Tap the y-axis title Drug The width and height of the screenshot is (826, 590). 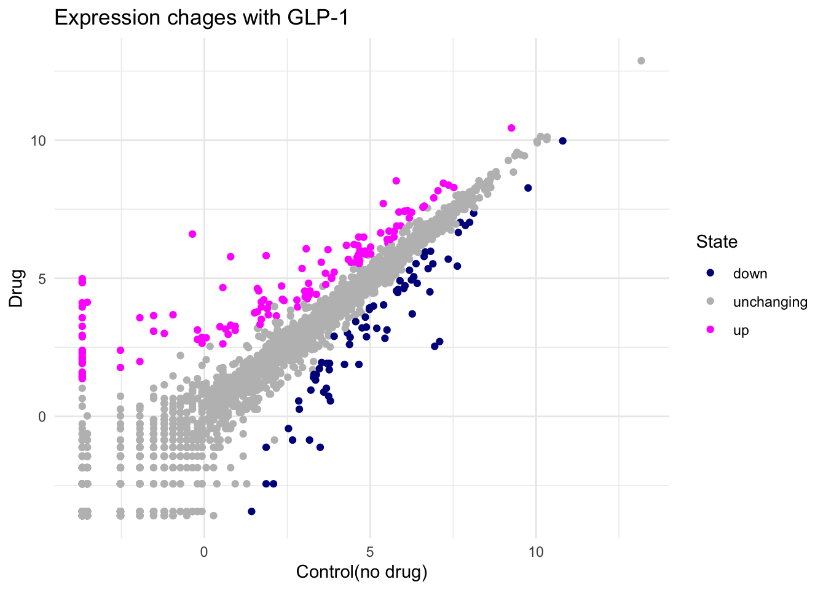pos(17,288)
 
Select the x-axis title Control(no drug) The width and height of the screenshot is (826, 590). pos(361,572)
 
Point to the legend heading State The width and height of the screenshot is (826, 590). pos(717,242)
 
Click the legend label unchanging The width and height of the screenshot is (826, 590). pos(770,302)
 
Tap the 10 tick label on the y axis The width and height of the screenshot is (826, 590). pos(38,141)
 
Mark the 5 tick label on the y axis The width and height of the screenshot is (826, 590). pos(42,278)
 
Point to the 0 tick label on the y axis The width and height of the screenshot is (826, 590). pos(42,417)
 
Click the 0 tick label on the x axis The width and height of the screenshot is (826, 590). pos(204,552)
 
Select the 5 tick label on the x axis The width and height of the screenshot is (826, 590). pos(370,552)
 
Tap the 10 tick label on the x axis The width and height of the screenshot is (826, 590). pos(536,552)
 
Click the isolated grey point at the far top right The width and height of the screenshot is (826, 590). pos(641,61)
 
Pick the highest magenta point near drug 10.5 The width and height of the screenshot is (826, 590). pos(511,128)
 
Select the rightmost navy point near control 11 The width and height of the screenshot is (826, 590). pos(562,141)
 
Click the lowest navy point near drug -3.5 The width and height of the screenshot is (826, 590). pos(251,511)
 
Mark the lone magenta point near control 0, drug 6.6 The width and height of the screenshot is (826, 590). pos(192,234)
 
